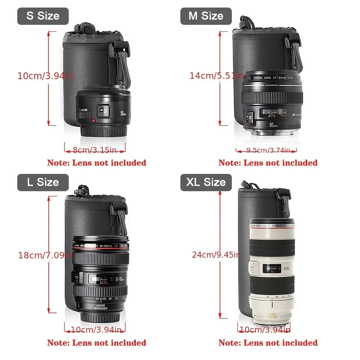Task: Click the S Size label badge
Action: [x=43, y=16]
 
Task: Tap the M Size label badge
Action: [x=206, y=16]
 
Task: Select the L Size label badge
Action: [x=43, y=183]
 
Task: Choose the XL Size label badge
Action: [x=206, y=183]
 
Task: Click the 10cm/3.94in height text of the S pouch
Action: [x=45, y=76]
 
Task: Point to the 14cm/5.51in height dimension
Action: [x=217, y=76]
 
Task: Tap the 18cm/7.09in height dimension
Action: [x=45, y=255]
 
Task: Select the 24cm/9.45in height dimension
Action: [x=216, y=255]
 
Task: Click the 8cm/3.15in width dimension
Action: [x=94, y=150]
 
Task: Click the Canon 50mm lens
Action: [x=103, y=111]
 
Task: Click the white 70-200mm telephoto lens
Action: [x=272, y=270]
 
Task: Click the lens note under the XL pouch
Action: [x=268, y=343]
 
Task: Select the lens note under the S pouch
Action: [x=96, y=163]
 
